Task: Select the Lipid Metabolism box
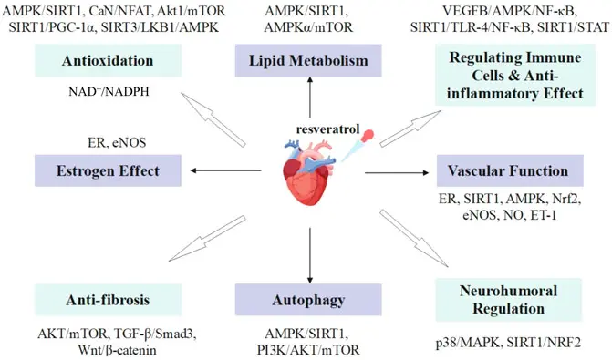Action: click(310, 62)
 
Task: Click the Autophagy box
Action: click(309, 298)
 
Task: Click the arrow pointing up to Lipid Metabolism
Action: click(310, 101)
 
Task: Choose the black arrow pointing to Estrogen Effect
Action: click(219, 170)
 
